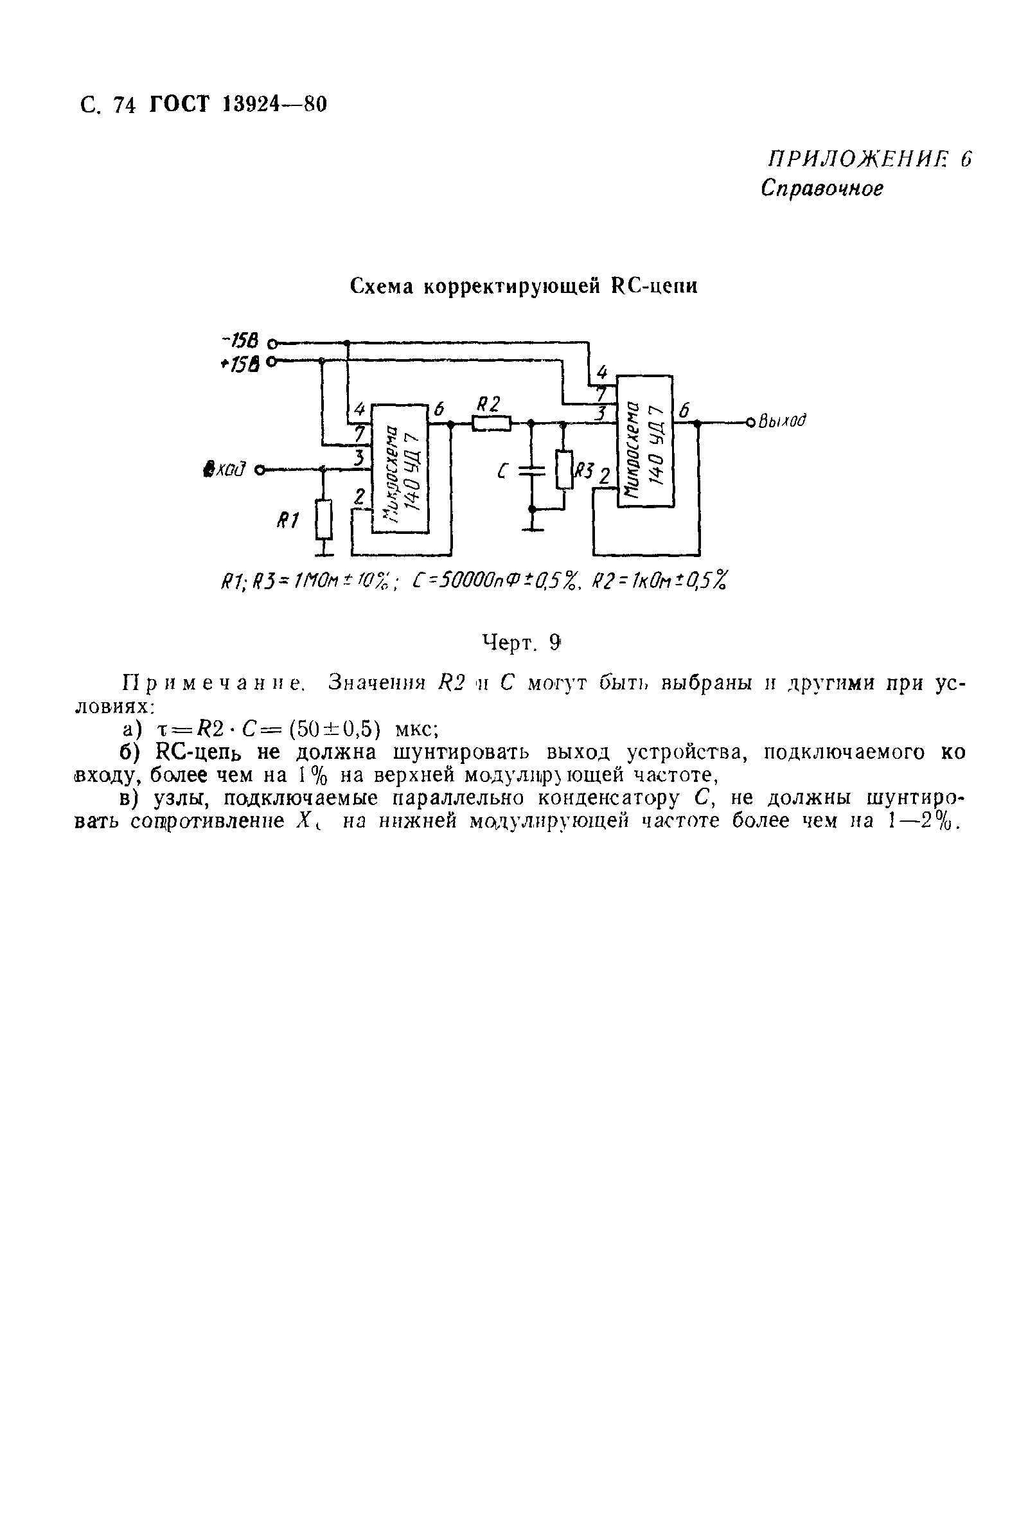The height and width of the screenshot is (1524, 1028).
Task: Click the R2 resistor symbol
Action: tap(491, 424)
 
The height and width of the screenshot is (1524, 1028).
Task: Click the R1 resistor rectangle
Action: tap(323, 519)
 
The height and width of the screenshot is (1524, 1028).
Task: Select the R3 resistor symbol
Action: tap(564, 470)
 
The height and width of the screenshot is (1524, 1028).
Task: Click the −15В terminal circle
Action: tap(272, 342)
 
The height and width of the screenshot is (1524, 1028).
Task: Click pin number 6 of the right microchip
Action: tap(684, 411)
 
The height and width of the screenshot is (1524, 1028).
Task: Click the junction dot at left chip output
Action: tap(451, 424)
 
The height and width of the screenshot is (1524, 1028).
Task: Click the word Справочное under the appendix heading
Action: tap(822, 189)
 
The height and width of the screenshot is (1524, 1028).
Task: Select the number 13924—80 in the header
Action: tap(275, 104)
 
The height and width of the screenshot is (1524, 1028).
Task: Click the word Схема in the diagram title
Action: tap(382, 287)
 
